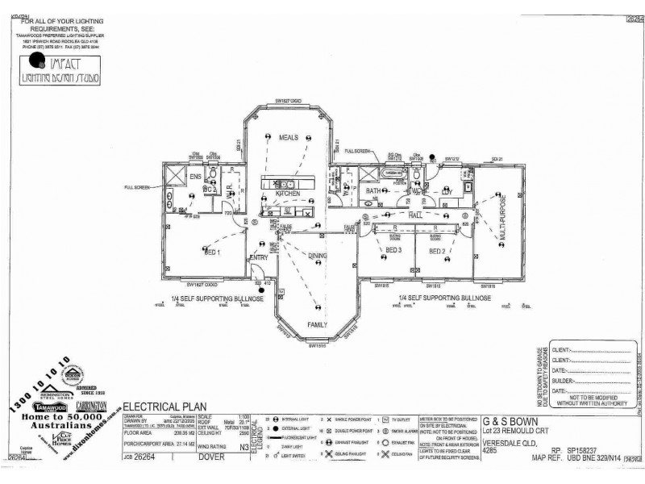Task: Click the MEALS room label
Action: tap(289, 138)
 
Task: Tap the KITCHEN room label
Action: tap(288, 194)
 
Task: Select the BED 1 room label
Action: tap(192, 252)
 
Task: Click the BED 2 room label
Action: tap(438, 251)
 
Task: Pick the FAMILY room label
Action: tap(316, 323)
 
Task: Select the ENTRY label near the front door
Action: tap(260, 257)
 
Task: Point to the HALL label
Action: tap(415, 216)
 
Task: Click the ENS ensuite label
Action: tap(194, 175)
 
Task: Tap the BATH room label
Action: tap(372, 191)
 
